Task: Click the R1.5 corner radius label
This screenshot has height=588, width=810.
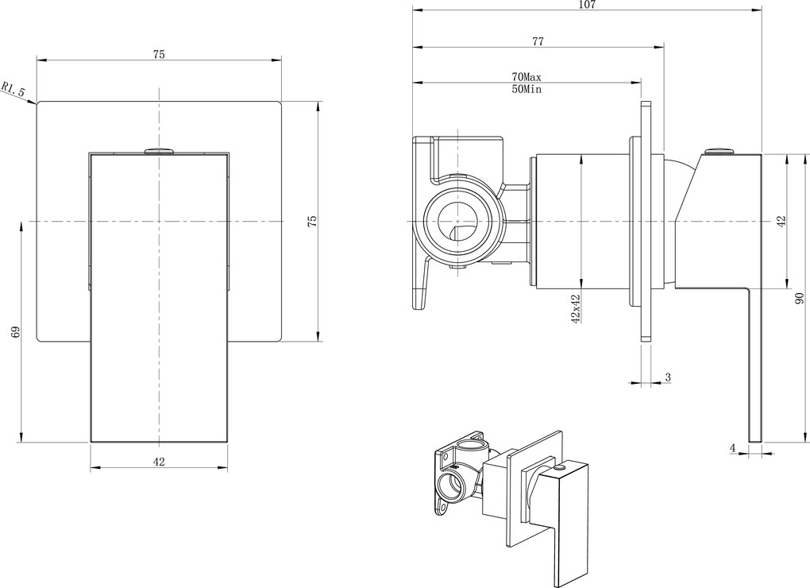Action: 13,88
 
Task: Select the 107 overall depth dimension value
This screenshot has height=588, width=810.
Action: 587,6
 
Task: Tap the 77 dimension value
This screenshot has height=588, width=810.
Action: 538,41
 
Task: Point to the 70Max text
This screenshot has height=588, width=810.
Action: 526,76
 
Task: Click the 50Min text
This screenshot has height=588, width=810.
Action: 526,90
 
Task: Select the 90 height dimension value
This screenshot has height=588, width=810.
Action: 799,298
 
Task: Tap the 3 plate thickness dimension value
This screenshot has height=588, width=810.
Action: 668,377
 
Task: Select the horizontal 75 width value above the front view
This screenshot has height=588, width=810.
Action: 159,54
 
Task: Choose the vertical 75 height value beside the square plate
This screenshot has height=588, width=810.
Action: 312,221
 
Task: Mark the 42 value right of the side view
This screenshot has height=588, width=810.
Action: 781,221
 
